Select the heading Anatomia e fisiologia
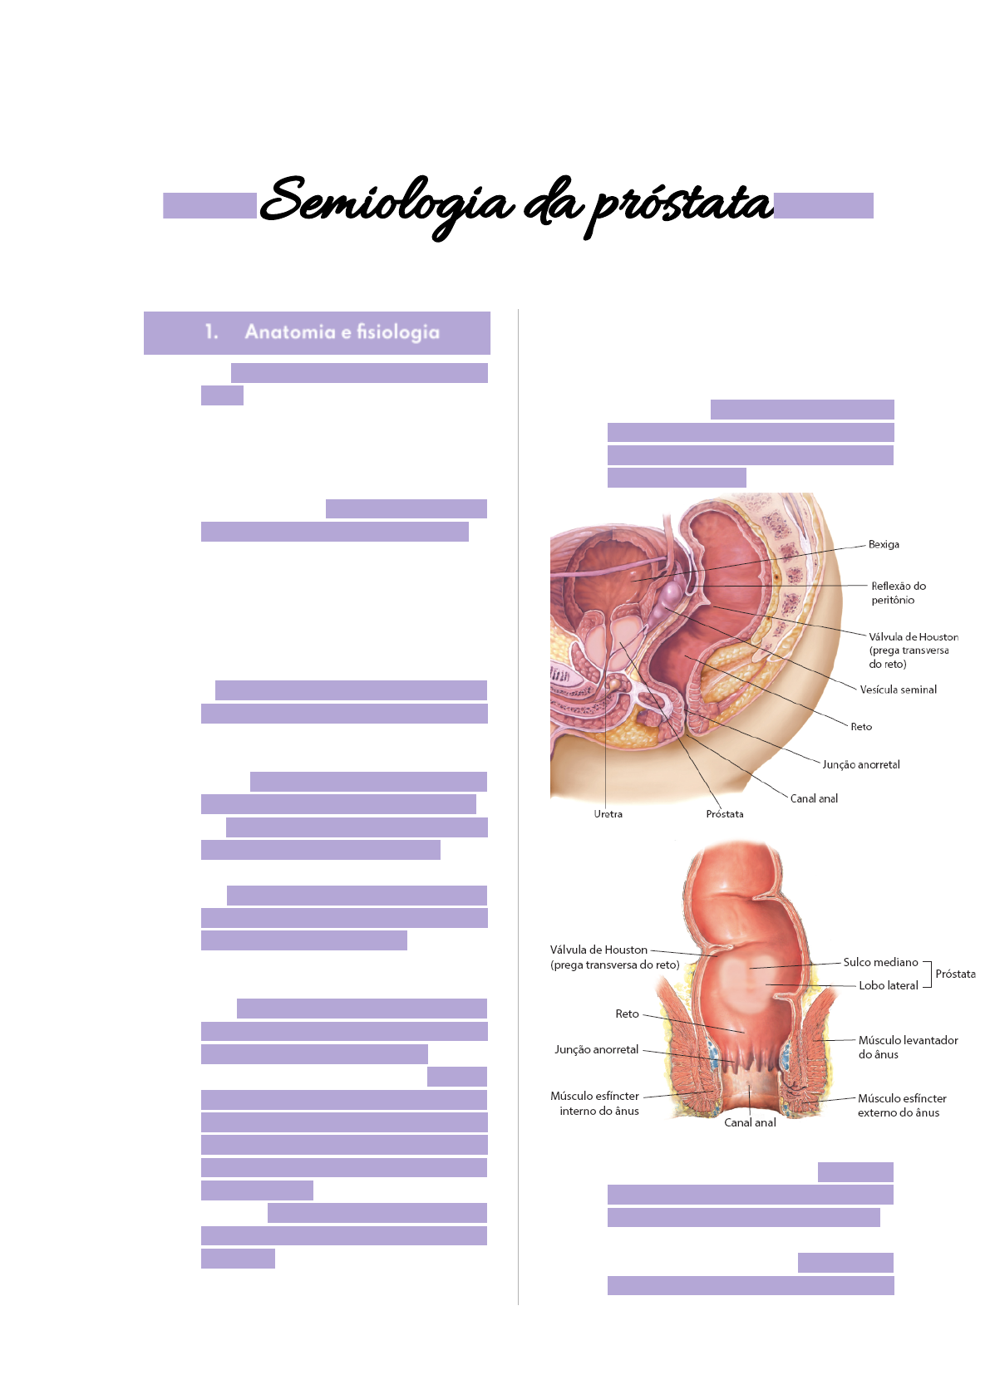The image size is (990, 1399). tap(342, 332)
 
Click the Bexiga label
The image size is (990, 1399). tap(884, 545)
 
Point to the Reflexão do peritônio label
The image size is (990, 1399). tap(898, 593)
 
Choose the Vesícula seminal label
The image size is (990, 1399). tap(898, 690)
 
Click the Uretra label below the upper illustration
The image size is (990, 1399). tap(608, 814)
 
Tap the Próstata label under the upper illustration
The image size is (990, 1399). tap(725, 814)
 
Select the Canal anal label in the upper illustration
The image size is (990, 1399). tap(814, 798)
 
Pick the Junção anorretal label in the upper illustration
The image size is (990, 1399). tap(861, 764)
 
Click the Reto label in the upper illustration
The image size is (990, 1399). tap(861, 727)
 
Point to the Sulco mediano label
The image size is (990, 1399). tap(880, 962)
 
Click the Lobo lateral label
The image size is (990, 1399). tap(888, 985)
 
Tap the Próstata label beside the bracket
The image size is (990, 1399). tap(955, 974)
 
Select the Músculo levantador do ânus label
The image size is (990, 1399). tap(908, 1047)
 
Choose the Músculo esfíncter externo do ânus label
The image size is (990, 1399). tap(902, 1105)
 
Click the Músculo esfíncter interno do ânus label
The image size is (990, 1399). tap(595, 1103)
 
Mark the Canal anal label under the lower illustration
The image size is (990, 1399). tap(750, 1122)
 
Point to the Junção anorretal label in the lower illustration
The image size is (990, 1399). tap(596, 1049)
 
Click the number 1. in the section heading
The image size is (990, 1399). tap(211, 332)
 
